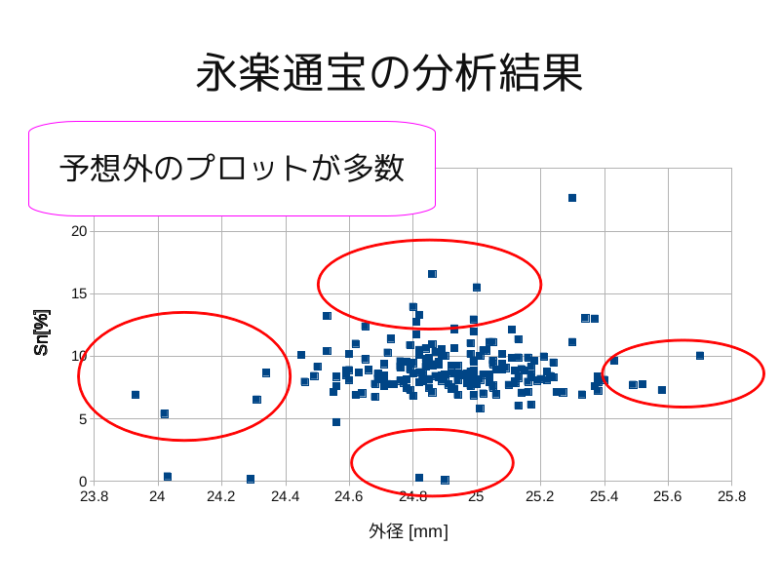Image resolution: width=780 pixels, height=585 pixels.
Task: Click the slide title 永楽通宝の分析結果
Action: click(x=389, y=72)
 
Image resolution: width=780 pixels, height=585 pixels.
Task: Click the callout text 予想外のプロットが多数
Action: click(x=232, y=168)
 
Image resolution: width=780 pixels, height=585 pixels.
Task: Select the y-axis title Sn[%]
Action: click(x=41, y=332)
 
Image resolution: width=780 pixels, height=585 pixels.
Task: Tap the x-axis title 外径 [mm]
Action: click(x=409, y=531)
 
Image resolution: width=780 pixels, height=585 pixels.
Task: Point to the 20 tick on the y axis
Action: click(x=79, y=231)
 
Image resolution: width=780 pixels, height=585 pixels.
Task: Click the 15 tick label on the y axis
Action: click(x=79, y=293)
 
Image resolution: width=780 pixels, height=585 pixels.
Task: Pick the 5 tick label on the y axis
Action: click(x=83, y=419)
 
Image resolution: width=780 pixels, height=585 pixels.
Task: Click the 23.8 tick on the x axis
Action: click(x=95, y=495)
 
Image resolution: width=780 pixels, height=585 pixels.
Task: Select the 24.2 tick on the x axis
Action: click(x=221, y=495)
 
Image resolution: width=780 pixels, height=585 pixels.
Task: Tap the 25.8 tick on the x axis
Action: click(x=731, y=495)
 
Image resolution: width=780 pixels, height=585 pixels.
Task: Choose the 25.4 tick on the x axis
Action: click(x=604, y=495)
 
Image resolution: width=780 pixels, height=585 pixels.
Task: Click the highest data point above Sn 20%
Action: click(x=572, y=198)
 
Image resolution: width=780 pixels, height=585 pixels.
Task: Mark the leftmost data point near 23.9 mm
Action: click(x=136, y=395)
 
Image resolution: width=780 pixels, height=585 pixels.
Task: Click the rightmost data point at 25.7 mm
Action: click(x=700, y=356)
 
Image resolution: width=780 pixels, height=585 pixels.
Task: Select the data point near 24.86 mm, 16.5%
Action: click(x=432, y=274)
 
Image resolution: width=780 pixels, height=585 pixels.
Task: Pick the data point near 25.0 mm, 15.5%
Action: click(x=477, y=288)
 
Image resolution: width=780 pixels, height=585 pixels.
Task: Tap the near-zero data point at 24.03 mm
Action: click(x=168, y=477)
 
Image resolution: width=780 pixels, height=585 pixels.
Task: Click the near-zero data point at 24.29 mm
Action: click(x=251, y=479)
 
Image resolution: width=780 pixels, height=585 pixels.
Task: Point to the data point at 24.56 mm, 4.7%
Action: click(x=336, y=422)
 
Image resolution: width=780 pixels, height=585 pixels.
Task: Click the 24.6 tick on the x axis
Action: click(x=349, y=495)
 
